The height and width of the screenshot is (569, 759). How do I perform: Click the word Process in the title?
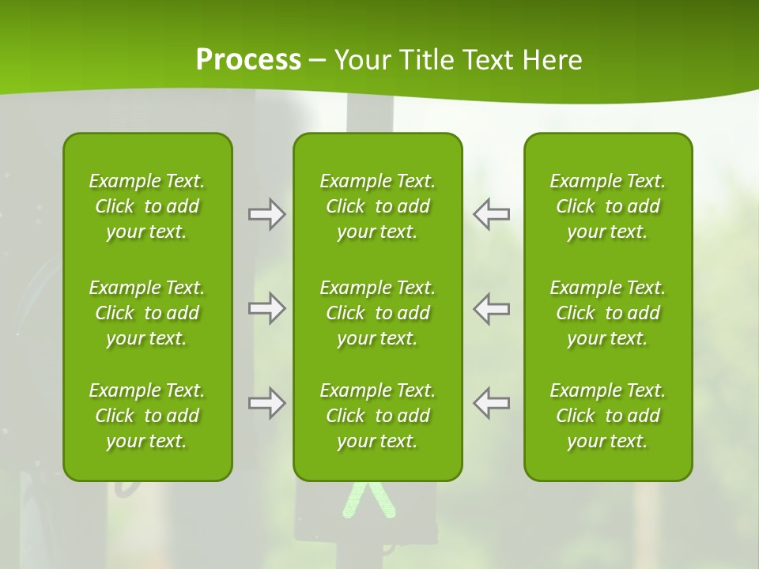[x=248, y=60]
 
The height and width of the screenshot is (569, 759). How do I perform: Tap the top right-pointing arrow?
[x=267, y=214]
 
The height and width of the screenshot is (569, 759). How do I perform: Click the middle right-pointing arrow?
[x=267, y=308]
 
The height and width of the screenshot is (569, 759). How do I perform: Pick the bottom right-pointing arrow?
[x=267, y=403]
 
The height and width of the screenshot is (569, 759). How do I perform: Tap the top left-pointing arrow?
[x=492, y=214]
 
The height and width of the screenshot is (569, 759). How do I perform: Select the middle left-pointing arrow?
[x=492, y=308]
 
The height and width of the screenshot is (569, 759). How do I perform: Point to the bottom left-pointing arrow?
[x=492, y=403]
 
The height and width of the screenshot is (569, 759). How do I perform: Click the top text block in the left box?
[x=147, y=206]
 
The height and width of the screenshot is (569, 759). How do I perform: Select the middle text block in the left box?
[x=147, y=313]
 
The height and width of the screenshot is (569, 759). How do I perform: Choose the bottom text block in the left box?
[x=147, y=416]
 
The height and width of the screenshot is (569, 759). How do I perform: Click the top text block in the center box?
[x=378, y=206]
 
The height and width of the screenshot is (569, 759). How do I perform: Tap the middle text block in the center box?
[x=378, y=313]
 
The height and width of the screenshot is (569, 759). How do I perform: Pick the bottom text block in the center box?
[x=378, y=416]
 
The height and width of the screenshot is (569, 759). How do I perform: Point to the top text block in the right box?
[x=608, y=206]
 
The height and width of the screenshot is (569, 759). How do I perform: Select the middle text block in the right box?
[x=608, y=313]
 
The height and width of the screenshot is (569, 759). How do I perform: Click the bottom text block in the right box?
[x=608, y=416]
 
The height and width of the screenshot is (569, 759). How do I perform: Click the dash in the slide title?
[x=317, y=61]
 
